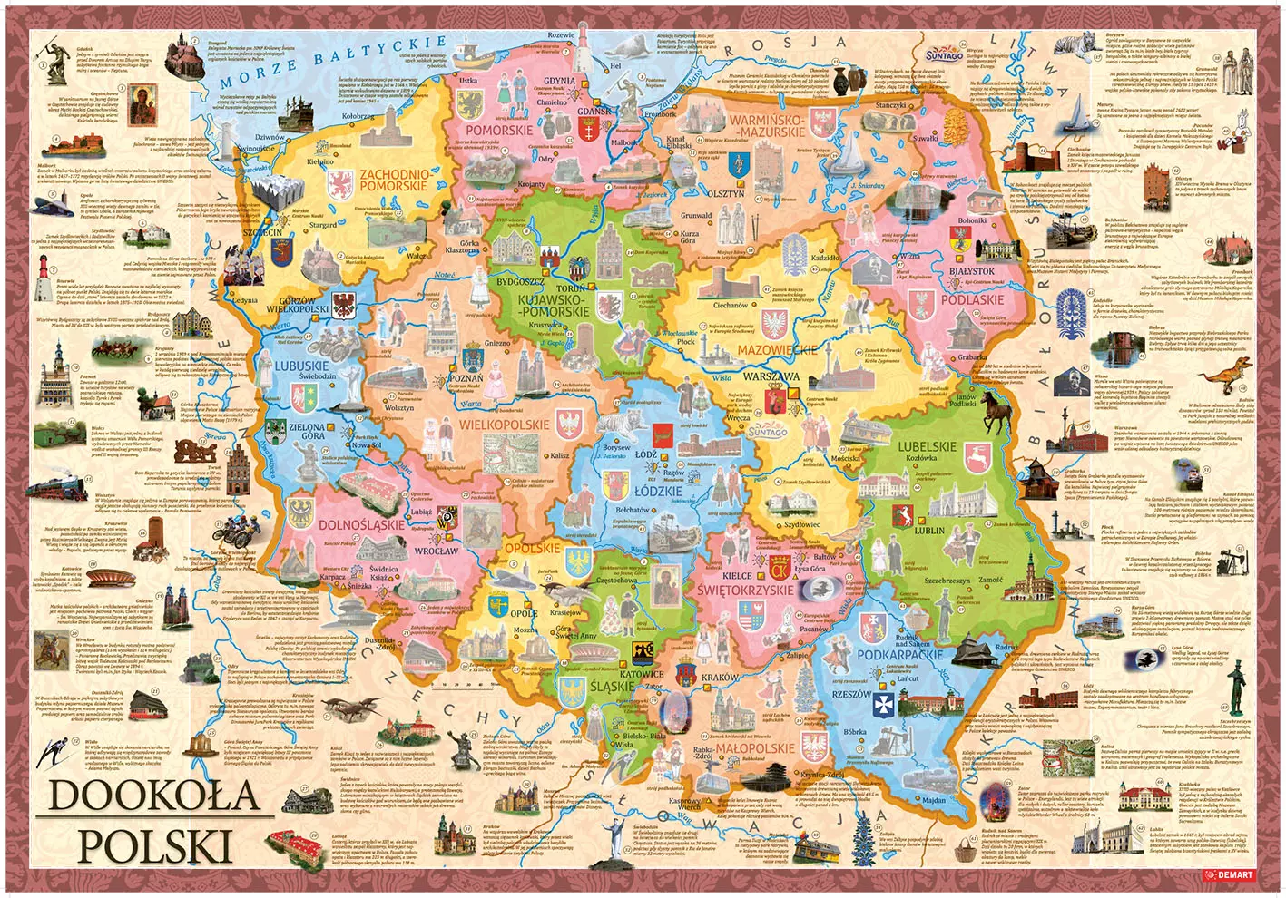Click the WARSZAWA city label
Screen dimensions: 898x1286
click(x=771, y=376)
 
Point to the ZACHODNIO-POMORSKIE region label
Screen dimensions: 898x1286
click(x=393, y=179)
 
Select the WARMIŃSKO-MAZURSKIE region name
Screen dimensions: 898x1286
click(x=767, y=126)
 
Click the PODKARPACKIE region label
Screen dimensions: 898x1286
click(x=899, y=654)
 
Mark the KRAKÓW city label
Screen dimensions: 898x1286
click(x=720, y=678)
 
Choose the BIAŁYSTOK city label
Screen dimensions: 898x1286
click(x=971, y=270)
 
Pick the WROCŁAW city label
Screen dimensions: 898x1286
click(x=437, y=551)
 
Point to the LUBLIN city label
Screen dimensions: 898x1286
click(x=929, y=531)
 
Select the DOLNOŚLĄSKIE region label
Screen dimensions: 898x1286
click(x=361, y=524)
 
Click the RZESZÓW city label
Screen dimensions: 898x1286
click(x=851, y=695)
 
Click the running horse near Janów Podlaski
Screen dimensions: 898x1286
click(x=996, y=415)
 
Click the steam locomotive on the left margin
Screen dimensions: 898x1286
click(x=54, y=487)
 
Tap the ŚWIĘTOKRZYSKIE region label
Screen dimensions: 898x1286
click(x=746, y=590)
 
